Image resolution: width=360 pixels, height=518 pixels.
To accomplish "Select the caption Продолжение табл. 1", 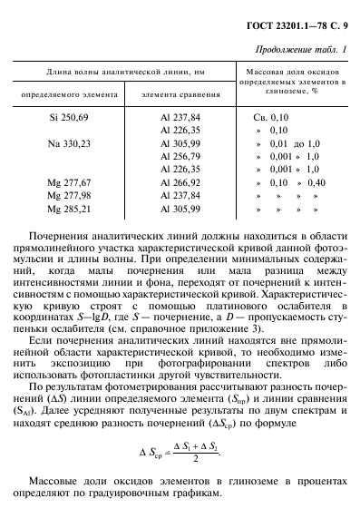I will [301, 48].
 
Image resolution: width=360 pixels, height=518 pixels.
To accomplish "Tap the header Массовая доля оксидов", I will [295, 70].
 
